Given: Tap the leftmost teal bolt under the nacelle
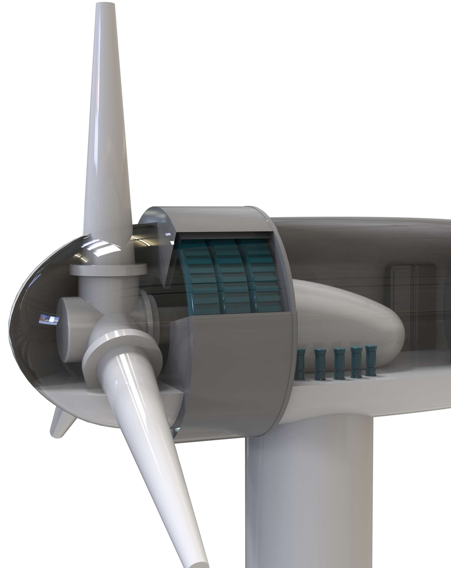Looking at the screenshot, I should tap(300, 365).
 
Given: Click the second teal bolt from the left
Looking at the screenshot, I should tap(320, 364).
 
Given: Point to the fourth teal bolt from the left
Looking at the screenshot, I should tap(356, 362).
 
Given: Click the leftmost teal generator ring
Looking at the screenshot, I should tap(200, 279).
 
